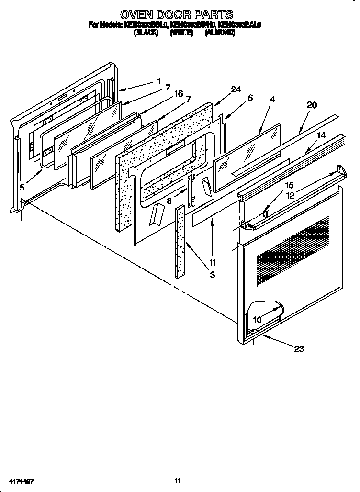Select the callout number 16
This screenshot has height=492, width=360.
[179, 94]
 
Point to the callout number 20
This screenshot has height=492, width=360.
[312, 106]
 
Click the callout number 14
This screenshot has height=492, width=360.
[321, 135]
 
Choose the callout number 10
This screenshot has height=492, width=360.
[257, 319]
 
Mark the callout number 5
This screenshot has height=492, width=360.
[22, 188]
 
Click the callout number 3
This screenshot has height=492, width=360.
[212, 275]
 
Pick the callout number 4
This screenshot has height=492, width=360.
[272, 100]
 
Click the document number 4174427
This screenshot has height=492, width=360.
[21, 480]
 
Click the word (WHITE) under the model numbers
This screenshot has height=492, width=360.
[181, 33]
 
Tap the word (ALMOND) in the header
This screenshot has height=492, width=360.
[220, 33]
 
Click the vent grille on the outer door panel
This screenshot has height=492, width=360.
[293, 244]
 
